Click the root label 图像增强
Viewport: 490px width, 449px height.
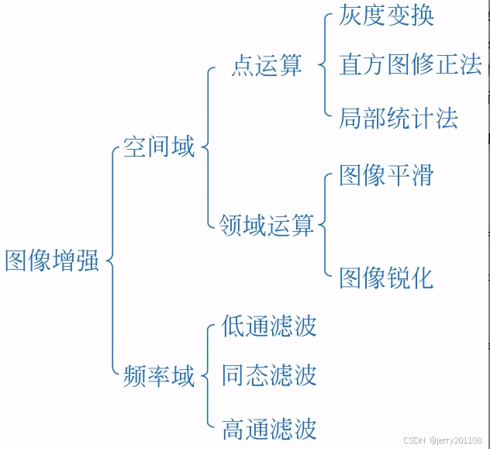[x=52, y=261]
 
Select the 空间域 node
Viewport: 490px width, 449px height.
[x=159, y=147]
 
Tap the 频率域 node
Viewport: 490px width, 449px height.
[x=159, y=376]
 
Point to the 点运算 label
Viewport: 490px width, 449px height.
[x=267, y=66]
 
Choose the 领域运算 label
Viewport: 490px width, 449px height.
[x=266, y=226]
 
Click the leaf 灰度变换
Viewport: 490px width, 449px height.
[x=386, y=16]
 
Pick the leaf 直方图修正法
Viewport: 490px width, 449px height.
[x=410, y=64]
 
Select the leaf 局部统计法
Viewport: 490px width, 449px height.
[x=398, y=118]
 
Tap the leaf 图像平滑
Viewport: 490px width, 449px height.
[x=386, y=175]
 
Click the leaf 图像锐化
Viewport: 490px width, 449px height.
[x=386, y=278]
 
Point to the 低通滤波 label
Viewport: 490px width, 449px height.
[x=269, y=326]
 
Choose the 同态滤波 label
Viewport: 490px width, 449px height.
[x=269, y=375]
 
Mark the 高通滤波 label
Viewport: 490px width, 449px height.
[x=269, y=428]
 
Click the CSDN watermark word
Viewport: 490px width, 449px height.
[x=415, y=440]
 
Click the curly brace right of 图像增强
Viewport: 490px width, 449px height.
[x=111, y=261]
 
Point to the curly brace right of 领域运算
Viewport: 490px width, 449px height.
[x=323, y=226]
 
